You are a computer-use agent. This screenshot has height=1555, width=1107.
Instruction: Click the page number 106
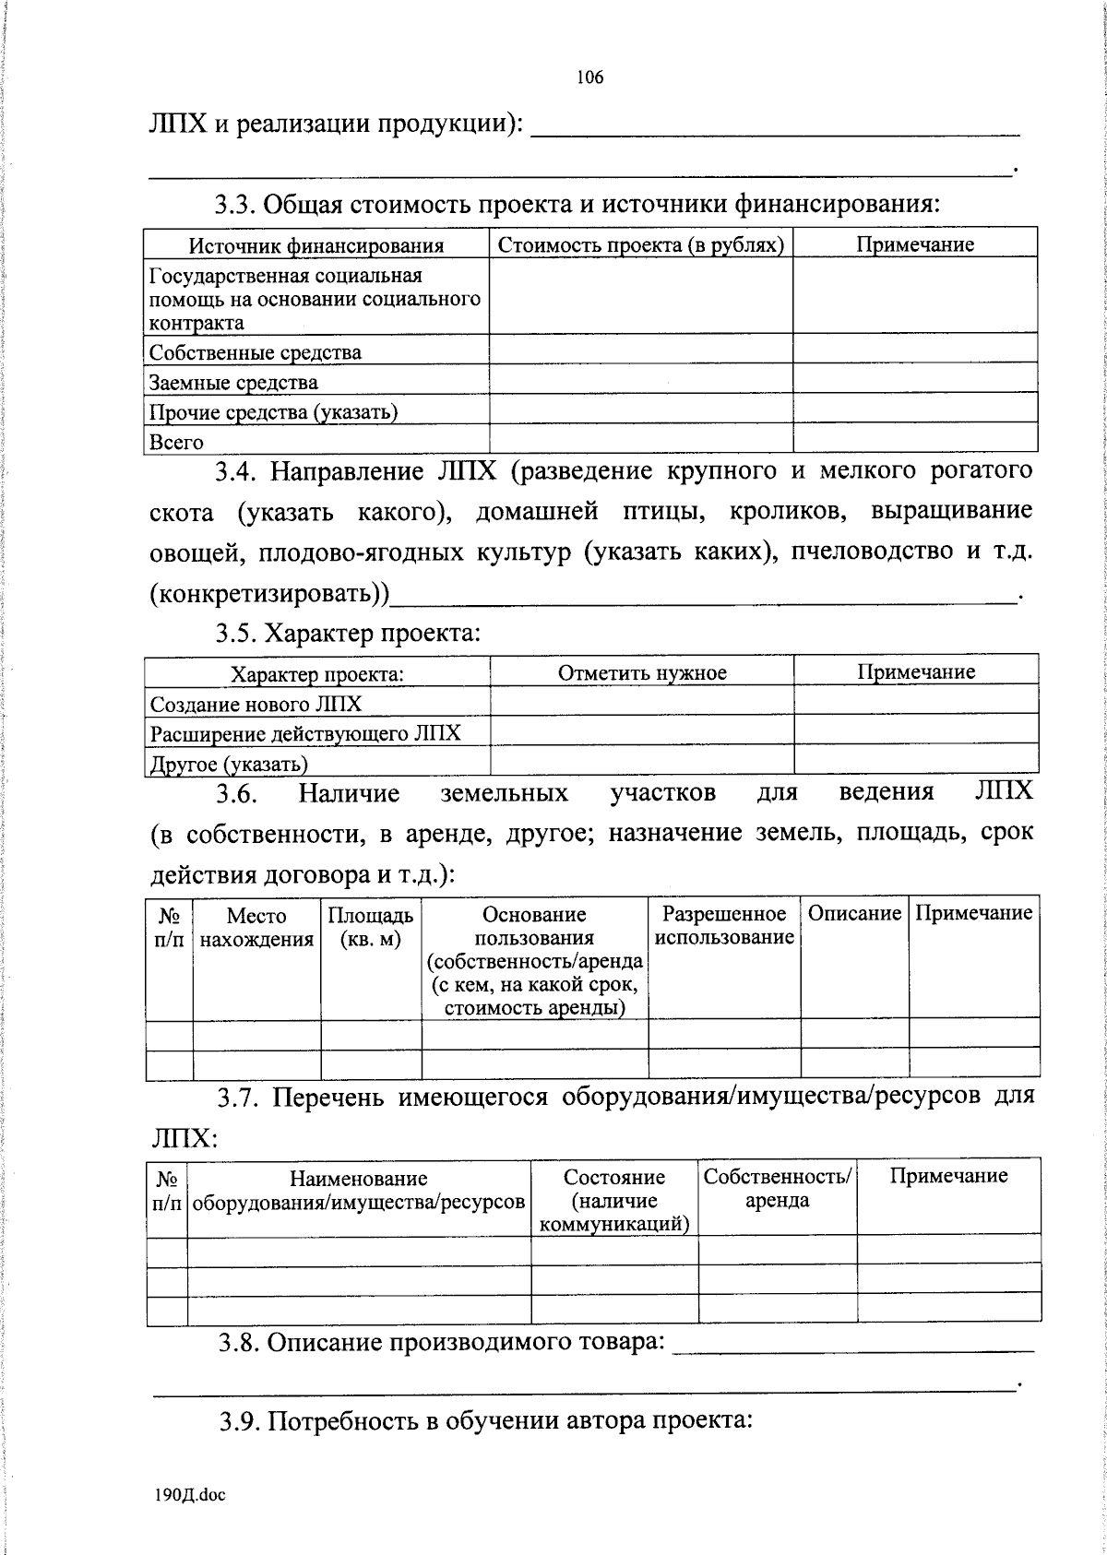[x=589, y=77]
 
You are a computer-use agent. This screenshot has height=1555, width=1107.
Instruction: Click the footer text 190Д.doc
[x=190, y=1495]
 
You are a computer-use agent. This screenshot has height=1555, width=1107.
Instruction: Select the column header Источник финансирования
[x=316, y=245]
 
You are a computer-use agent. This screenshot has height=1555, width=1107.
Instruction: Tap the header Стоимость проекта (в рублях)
[x=640, y=244]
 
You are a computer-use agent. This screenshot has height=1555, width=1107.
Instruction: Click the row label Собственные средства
[x=256, y=352]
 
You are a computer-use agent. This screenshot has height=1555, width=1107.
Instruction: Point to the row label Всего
[x=176, y=442]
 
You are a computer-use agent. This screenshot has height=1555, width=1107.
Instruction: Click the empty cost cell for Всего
[x=640, y=438]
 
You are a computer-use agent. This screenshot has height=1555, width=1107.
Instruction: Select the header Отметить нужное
[x=642, y=672]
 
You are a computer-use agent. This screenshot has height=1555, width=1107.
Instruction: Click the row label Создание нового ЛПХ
[x=256, y=705]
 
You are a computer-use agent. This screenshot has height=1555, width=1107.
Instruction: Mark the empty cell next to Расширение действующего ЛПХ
[x=642, y=730]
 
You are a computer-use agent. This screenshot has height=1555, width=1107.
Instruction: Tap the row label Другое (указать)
[x=229, y=764]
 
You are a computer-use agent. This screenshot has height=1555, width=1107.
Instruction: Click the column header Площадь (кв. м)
[x=371, y=927]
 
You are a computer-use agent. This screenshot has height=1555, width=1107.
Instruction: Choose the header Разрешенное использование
[x=724, y=925]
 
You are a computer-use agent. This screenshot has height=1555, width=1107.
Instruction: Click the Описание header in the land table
[x=854, y=913]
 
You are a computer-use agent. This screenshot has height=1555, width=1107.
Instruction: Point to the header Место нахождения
[x=256, y=927]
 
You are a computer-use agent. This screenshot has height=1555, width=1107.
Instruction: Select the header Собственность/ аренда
[x=778, y=1188]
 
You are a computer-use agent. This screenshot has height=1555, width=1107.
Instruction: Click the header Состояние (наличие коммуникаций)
[x=614, y=1200]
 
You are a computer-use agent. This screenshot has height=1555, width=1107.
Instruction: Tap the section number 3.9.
[x=240, y=1420]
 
